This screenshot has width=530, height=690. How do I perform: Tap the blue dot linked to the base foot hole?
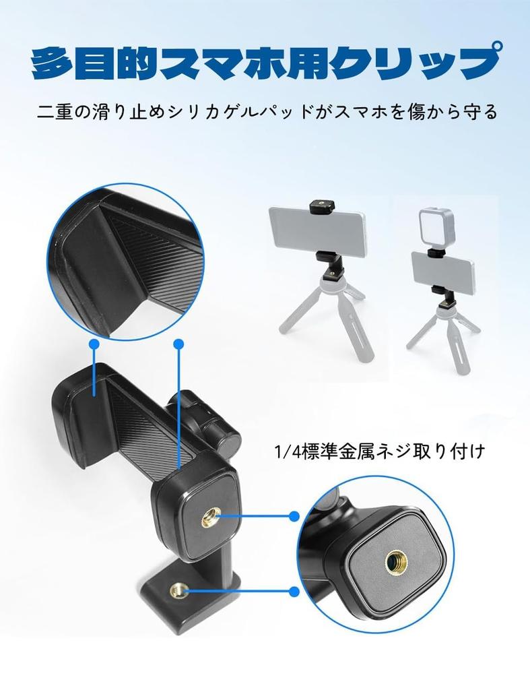point(294,592)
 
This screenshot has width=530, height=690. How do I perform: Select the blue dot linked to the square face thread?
point(294,516)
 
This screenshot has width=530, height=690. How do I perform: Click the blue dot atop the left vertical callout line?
point(94,344)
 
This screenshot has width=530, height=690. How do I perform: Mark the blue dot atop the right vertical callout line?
point(178,344)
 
